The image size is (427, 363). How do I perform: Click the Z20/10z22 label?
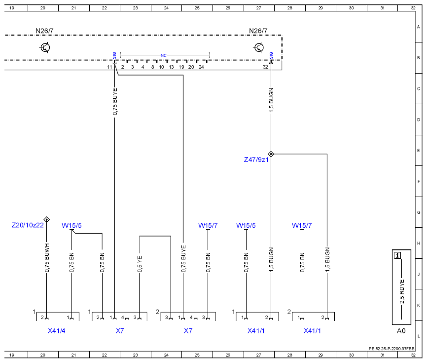coord(28,225)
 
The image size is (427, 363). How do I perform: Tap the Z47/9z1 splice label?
coord(256,160)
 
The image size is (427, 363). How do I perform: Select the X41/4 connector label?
coord(56,331)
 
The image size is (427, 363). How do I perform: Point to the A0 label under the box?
coord(401,331)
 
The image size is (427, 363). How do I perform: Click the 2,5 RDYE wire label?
coord(402,291)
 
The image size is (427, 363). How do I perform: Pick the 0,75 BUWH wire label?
coord(47,258)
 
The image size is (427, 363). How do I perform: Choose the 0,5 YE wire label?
coord(140,264)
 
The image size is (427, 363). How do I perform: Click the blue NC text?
coord(163,55)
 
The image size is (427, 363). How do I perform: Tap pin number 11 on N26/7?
coord(109,67)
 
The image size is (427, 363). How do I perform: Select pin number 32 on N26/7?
coord(265,67)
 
